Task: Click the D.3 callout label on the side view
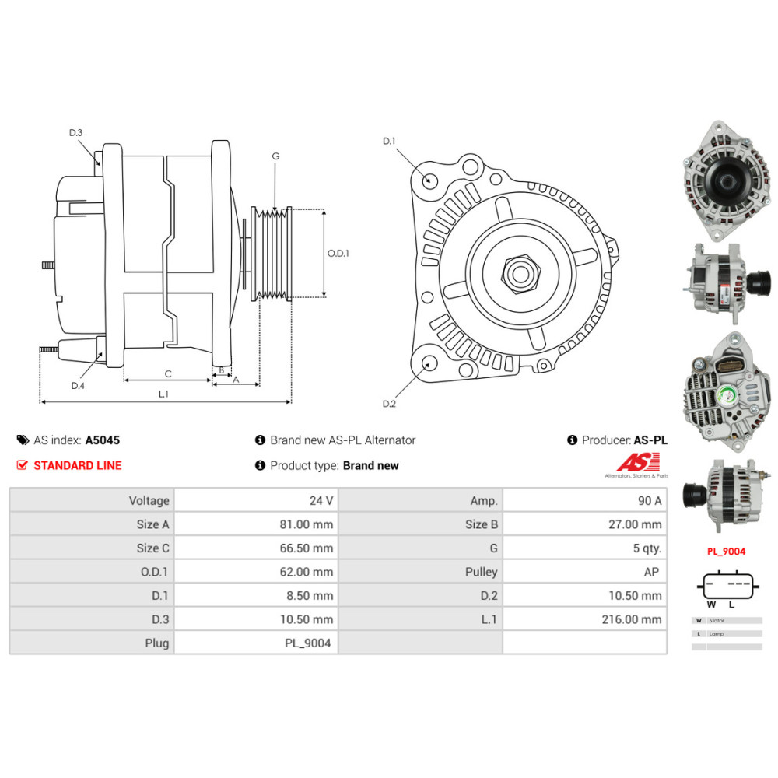point(75,133)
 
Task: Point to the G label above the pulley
point(275,156)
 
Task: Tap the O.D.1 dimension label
point(338,253)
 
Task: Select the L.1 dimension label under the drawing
point(163,394)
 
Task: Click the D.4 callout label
point(78,386)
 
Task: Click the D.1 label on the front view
point(390,141)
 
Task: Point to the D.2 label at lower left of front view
point(390,404)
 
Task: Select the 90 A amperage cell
point(649,500)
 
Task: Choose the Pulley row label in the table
point(482,572)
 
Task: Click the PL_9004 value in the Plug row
point(307,643)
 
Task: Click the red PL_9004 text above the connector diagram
point(725,552)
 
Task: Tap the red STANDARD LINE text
point(78,465)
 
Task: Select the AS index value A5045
point(103,440)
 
